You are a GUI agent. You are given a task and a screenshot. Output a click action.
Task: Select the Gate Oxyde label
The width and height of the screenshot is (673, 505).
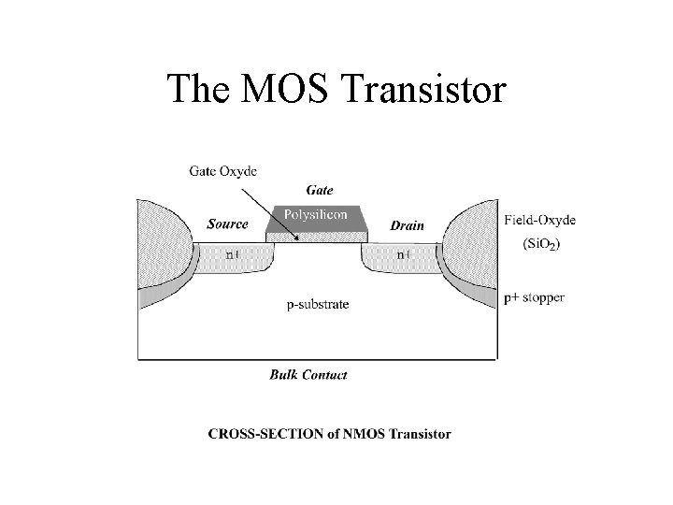(x=222, y=170)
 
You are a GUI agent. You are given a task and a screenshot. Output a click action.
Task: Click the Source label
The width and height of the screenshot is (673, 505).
(x=228, y=224)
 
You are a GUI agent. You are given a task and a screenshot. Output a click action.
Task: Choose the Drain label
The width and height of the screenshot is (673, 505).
(x=407, y=225)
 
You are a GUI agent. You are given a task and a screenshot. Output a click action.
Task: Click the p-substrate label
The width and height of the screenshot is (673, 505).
(x=317, y=304)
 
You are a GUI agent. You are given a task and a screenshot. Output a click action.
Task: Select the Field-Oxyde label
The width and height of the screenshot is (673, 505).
(x=540, y=220)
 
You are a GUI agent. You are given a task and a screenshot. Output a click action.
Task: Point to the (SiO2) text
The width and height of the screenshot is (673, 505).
(x=540, y=245)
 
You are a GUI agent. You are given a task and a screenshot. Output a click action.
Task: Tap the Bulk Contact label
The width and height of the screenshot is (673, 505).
(x=308, y=375)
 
